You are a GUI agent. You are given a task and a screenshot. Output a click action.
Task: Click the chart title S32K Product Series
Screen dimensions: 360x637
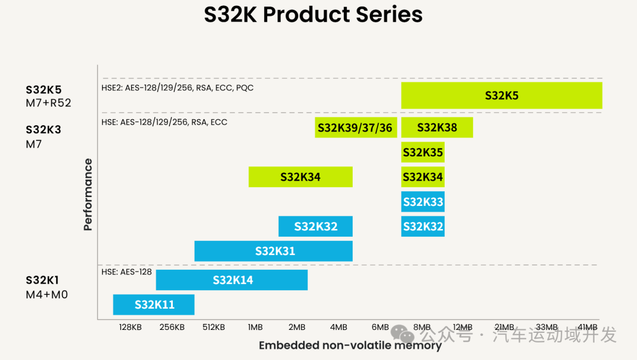point(313,15)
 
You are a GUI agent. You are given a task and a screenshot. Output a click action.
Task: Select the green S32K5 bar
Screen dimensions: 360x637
point(501,96)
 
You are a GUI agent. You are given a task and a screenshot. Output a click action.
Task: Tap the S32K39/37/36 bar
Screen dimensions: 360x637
point(355,127)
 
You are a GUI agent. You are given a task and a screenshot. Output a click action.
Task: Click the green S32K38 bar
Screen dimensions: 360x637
point(436,127)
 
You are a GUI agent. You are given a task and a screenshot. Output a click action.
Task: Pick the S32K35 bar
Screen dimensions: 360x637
point(422,152)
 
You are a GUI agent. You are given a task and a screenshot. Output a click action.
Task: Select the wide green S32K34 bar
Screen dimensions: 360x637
point(300,176)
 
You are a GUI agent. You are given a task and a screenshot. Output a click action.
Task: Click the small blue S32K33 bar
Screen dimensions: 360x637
point(422,202)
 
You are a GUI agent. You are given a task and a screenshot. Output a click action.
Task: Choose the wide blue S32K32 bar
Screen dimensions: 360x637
point(316,226)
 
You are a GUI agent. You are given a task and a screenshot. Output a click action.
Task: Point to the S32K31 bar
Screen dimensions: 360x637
point(274,251)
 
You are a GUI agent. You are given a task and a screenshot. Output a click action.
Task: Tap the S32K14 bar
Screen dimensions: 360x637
point(232,280)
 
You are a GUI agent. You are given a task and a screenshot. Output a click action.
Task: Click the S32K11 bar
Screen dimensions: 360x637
point(153,305)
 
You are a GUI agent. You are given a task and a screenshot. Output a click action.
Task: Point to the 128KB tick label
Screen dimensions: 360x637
point(130,328)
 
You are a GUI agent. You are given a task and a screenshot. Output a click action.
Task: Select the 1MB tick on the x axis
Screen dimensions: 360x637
point(255,328)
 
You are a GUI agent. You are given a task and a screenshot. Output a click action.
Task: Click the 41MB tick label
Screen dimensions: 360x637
point(587,328)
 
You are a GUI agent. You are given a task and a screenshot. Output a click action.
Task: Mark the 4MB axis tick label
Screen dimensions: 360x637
point(339,328)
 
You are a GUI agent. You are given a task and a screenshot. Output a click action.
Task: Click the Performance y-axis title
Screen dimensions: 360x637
point(88,194)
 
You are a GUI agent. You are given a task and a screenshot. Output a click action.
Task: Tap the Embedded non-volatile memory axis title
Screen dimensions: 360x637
point(350,346)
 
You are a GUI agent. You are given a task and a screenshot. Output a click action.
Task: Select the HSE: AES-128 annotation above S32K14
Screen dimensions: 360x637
point(126,272)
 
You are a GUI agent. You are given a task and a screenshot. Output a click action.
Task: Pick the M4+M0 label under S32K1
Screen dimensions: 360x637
point(47,294)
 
